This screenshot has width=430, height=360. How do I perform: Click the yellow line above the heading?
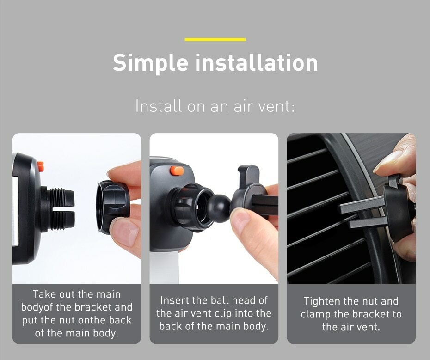point(215,39)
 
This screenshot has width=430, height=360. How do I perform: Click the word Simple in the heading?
point(151,63)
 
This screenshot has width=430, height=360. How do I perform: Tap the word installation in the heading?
point(257,63)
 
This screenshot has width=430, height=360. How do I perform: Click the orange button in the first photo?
point(41,166)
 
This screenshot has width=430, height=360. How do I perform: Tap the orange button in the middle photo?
point(177,171)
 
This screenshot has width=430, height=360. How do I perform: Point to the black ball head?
point(218,208)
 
